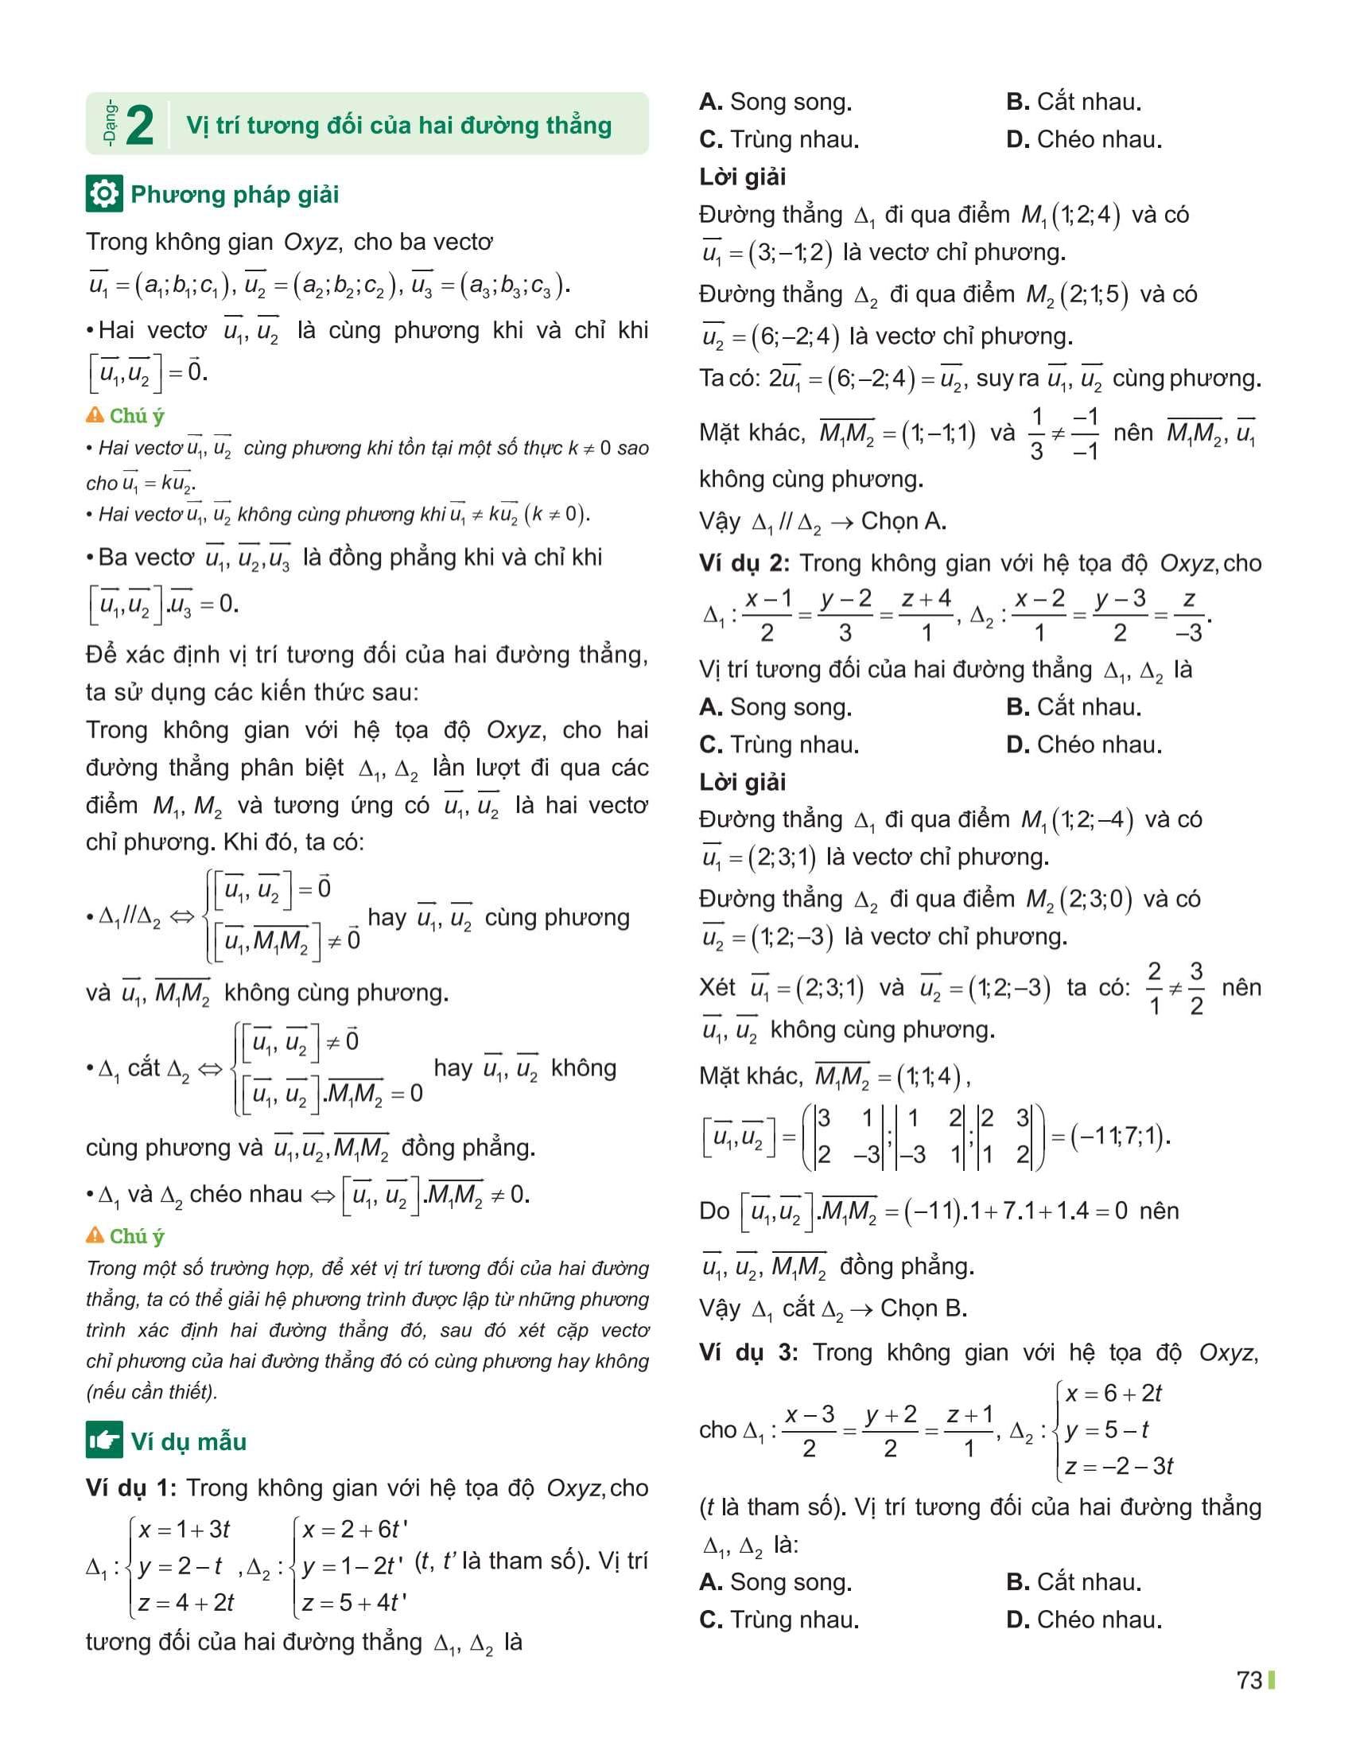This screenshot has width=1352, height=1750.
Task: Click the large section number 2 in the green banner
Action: coord(139,126)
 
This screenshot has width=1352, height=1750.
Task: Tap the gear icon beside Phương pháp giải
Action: coord(104,194)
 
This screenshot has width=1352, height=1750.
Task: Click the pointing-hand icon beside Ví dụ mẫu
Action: coord(104,1441)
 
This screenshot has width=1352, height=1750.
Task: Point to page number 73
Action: coord(1249,1680)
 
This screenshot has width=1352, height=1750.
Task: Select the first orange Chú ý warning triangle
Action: coord(95,415)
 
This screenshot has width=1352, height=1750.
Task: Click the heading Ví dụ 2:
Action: coord(744,563)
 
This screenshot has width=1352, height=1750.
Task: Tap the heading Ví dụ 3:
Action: coord(748,1352)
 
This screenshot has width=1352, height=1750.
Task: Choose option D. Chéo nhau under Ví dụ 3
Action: coord(1084,1620)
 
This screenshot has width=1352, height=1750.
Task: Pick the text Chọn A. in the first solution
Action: coord(903,522)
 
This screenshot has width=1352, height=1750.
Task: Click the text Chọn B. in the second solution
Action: coord(923,1309)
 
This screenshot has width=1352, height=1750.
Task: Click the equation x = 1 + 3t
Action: coord(185,1529)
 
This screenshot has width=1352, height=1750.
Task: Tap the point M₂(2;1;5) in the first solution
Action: coord(1078,295)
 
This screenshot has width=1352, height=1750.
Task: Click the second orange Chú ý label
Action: coord(136,1236)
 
